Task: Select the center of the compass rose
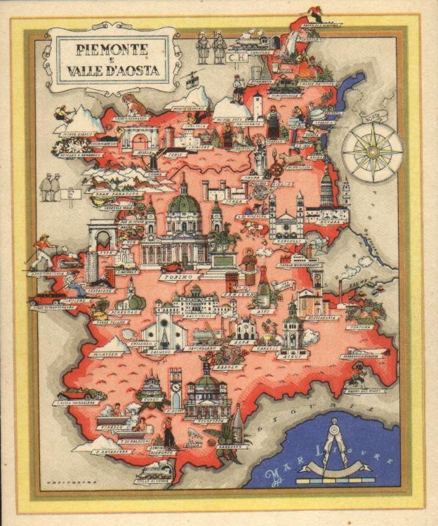[372, 151]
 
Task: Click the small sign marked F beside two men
[68, 194]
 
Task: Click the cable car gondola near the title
[191, 79]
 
